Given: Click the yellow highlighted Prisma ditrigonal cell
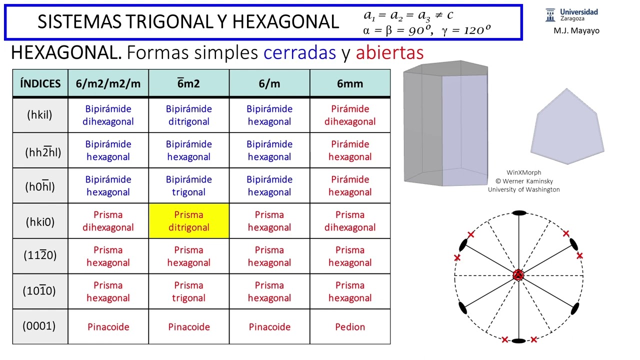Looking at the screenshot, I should click(188, 221).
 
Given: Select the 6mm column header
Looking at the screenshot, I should click(349, 83).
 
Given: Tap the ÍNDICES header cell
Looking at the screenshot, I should click(40, 83).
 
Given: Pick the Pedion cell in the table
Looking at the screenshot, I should click(349, 327).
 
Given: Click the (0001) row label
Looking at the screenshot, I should click(39, 326).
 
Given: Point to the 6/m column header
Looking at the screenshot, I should click(269, 83).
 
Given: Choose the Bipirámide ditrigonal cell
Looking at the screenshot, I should click(188, 115).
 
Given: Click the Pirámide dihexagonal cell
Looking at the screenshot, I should click(349, 115).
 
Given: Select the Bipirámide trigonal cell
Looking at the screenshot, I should click(188, 185).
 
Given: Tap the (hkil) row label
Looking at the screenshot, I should click(39, 115).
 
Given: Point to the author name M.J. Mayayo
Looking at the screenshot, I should click(576, 31).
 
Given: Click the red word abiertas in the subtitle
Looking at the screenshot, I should click(389, 52).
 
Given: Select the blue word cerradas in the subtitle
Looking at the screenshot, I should click(299, 52).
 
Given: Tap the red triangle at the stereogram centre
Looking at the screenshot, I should click(518, 275).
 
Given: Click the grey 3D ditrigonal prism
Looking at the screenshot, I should click(445, 123).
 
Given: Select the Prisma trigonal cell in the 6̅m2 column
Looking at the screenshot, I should click(188, 291).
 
